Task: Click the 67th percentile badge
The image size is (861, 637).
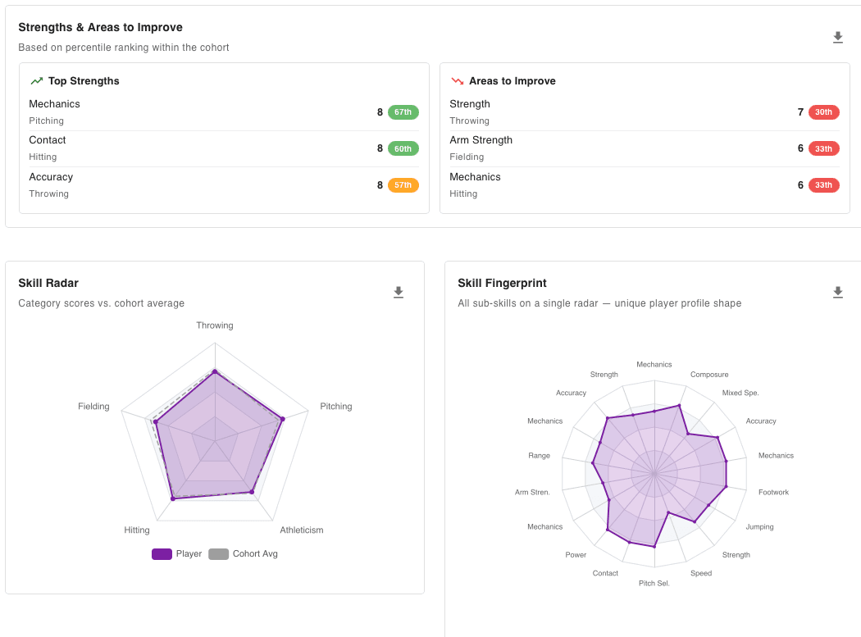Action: [403, 112]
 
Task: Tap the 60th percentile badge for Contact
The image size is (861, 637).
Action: [403, 148]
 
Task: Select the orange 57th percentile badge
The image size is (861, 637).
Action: [403, 185]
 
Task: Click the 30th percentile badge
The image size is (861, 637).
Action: [823, 112]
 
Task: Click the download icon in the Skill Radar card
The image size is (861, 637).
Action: [399, 293]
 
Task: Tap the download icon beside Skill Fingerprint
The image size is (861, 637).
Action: [837, 293]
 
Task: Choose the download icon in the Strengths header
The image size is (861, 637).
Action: [837, 38]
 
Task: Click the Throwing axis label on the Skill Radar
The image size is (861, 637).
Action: [215, 325]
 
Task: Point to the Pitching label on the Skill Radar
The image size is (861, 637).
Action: [335, 407]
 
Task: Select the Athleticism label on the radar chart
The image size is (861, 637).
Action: [301, 530]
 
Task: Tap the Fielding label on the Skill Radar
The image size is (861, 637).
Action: [93, 407]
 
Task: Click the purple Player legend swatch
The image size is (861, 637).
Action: [162, 554]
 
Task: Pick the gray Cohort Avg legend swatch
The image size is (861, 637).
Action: [218, 554]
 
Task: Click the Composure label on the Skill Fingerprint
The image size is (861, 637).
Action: [708, 375]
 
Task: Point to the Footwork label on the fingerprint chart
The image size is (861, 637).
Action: [773, 493]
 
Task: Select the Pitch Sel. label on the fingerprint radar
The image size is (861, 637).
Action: [654, 584]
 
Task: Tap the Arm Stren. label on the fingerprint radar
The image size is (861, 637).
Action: [532, 493]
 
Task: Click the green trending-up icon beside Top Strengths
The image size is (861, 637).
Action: [36, 81]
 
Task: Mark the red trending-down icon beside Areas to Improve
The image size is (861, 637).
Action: [457, 81]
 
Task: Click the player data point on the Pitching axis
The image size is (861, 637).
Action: [282, 419]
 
